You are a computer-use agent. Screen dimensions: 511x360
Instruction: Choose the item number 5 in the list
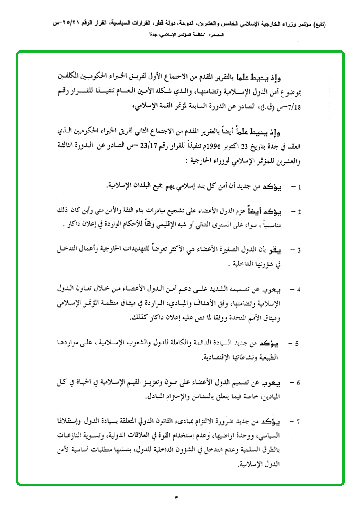tap(297, 344)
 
